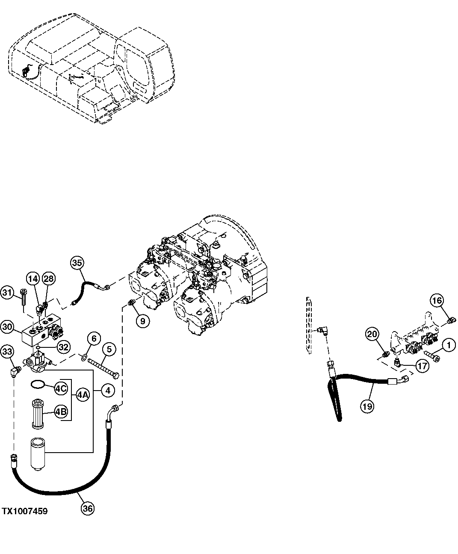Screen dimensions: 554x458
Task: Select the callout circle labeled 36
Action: (87, 508)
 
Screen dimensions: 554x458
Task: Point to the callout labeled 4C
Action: (60, 388)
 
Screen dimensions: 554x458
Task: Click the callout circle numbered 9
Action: (143, 320)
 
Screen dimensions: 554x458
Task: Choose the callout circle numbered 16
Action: (436, 301)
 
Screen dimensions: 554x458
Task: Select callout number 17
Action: (422, 366)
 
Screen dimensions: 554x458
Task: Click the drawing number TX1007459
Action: (24, 511)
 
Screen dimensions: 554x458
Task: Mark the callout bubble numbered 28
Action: (49, 279)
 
